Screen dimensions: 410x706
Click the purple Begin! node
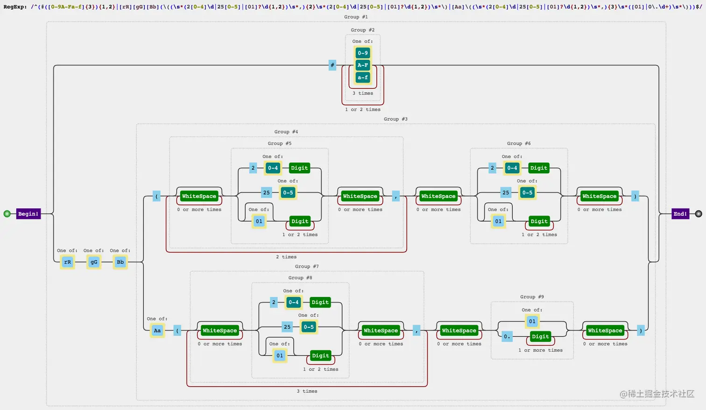[28, 214]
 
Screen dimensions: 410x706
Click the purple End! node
[680, 214]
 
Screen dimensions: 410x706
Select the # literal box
[332, 65]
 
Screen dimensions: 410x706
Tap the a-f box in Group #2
[363, 78]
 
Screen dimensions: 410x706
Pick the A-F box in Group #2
[363, 65]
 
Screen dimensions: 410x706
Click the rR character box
[67, 262]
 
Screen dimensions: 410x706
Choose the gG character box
[94, 262]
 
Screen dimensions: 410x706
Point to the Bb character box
[120, 262]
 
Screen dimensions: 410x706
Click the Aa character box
[157, 331]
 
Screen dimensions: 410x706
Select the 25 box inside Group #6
[506, 192]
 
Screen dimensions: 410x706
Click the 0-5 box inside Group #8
[309, 327]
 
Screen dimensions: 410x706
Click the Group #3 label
[395, 119]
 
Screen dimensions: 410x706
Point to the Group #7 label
[307, 267]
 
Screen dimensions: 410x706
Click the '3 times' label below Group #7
[307, 391]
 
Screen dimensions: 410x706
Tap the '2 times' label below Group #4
[286, 257]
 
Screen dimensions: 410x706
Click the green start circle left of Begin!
[7, 214]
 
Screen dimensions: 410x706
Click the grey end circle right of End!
[699, 214]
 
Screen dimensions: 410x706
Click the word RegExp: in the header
[15, 7]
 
